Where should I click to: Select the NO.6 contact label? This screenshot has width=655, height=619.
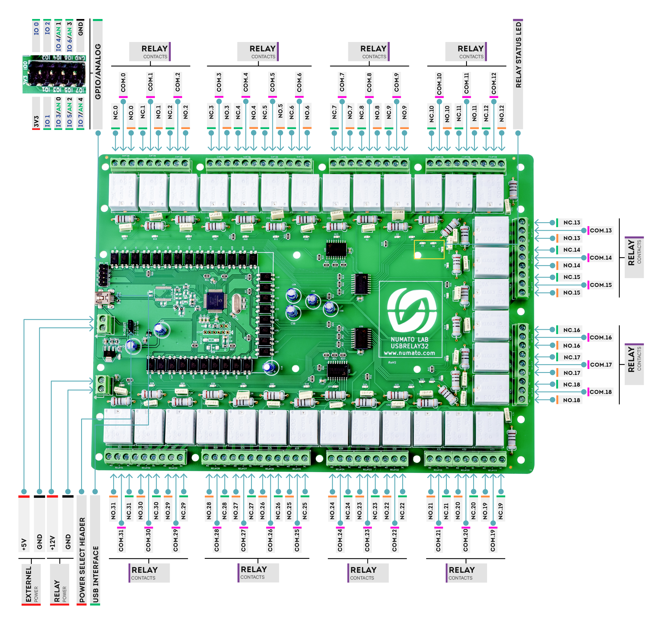pyautogui.click(x=307, y=112)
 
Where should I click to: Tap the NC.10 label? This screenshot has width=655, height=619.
pyautogui.click(x=431, y=112)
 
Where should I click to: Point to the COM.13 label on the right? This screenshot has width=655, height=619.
pyautogui.click(x=601, y=230)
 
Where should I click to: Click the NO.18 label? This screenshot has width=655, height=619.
pyautogui.click(x=571, y=400)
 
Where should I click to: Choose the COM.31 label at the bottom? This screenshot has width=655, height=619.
pyautogui.click(x=121, y=540)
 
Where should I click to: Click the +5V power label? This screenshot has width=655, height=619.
pyautogui.click(x=24, y=544)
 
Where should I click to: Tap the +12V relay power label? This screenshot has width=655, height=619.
pyautogui.click(x=52, y=543)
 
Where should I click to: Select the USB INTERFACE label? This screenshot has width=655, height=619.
pyautogui.click(x=95, y=574)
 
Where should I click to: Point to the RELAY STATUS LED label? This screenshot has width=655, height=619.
pyautogui.click(x=519, y=55)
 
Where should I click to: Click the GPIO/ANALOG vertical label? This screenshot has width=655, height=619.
pyautogui.click(x=98, y=71)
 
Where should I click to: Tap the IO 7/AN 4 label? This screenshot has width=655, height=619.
pyautogui.click(x=81, y=112)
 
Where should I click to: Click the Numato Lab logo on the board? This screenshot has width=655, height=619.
pyautogui.click(x=411, y=310)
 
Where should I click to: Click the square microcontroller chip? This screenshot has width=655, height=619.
pyautogui.click(x=214, y=301)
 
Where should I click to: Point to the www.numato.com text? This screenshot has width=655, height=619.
pyautogui.click(x=409, y=353)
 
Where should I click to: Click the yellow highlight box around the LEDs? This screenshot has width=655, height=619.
pyautogui.click(x=429, y=249)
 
